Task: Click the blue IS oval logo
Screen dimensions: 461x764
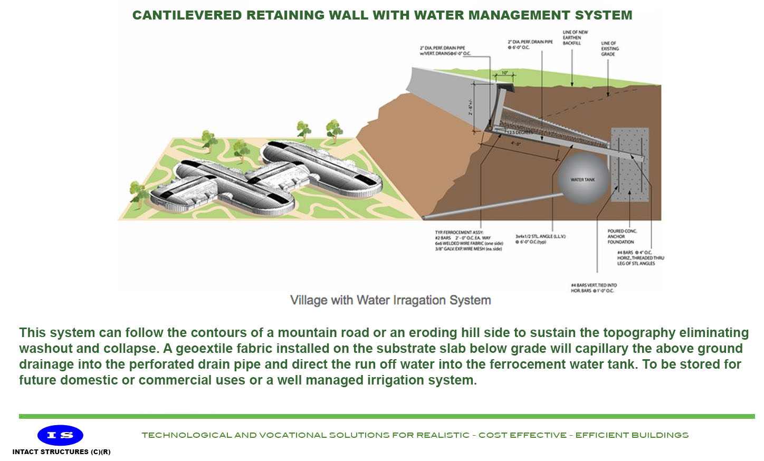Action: point(60,435)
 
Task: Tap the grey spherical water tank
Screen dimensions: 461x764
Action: point(582,179)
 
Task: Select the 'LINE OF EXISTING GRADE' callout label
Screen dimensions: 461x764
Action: point(609,49)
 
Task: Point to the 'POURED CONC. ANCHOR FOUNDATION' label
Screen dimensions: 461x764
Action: point(622,236)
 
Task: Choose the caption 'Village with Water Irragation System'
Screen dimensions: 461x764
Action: point(390,300)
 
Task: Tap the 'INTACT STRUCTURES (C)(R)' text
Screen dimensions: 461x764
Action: point(61,452)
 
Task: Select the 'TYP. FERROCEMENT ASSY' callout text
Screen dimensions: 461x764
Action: point(468,241)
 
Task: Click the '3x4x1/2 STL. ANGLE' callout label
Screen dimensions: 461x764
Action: point(540,239)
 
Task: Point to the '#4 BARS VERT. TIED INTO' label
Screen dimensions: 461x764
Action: point(594,288)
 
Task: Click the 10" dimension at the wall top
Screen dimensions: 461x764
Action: point(504,73)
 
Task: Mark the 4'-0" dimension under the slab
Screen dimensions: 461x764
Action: point(515,143)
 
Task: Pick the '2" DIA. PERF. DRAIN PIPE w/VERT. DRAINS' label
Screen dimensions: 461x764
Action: point(445,51)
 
